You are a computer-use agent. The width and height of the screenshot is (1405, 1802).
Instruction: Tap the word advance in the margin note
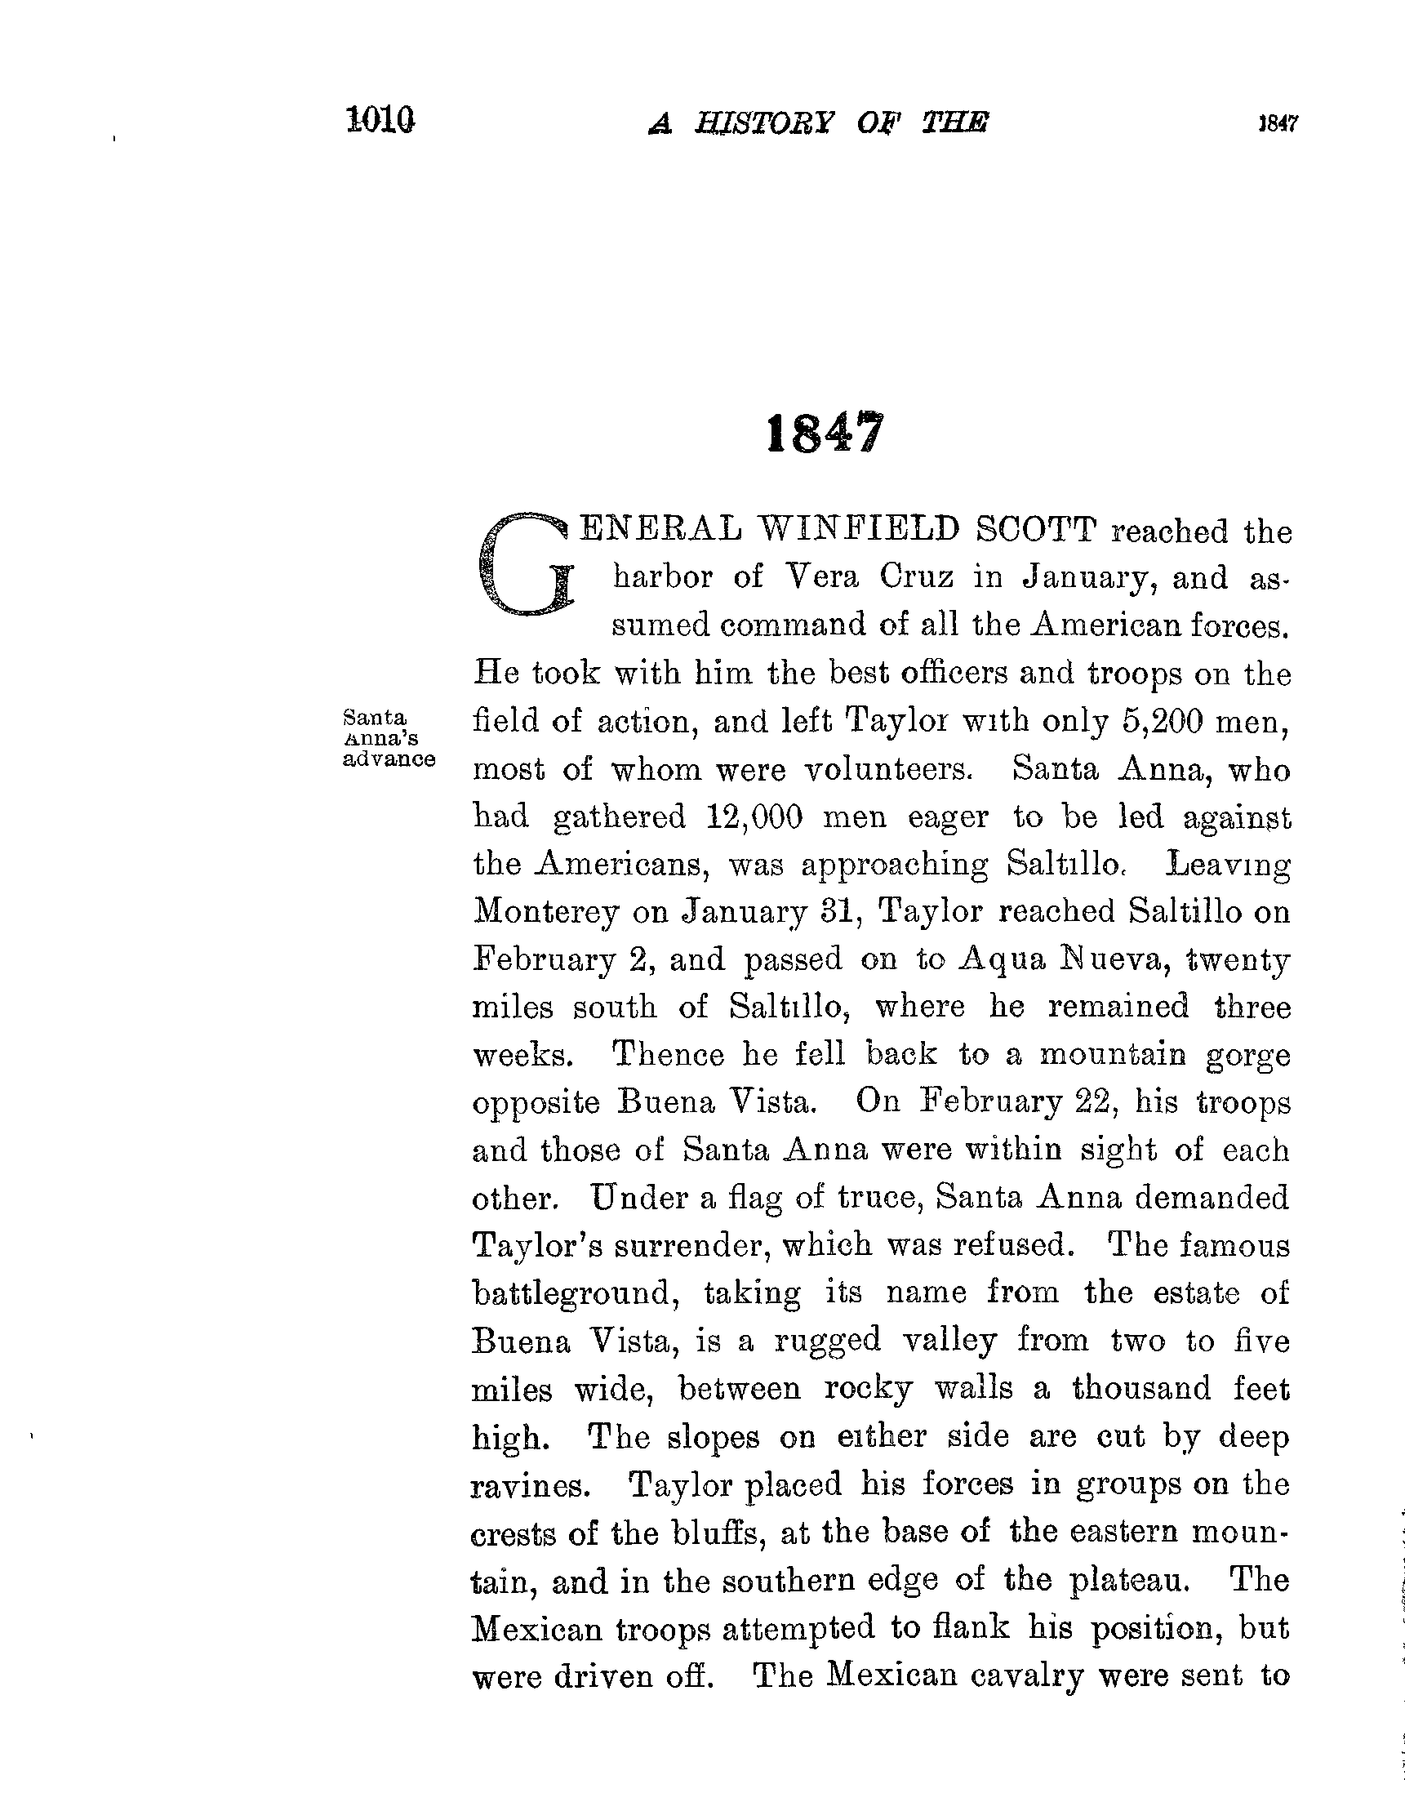click(x=389, y=759)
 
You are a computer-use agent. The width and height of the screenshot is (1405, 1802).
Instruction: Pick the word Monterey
click(x=545, y=913)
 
